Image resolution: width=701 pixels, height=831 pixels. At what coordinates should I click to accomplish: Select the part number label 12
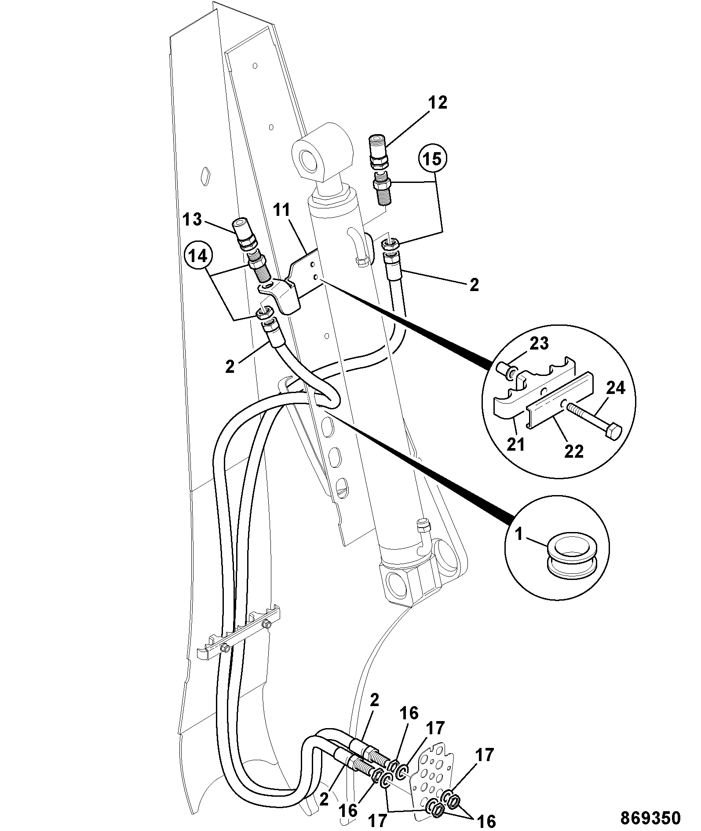437,103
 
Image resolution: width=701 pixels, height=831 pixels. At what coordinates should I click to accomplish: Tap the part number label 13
192,219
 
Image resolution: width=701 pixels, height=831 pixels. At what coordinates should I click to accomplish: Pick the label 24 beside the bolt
615,388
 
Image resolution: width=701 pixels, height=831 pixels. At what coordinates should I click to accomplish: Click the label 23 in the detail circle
538,343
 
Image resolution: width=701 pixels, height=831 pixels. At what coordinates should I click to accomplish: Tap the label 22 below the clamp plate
573,451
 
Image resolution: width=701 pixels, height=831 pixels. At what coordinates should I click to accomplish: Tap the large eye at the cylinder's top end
323,153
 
